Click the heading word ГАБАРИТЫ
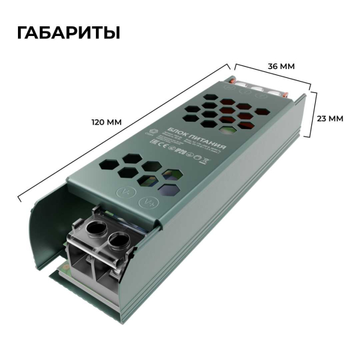69,32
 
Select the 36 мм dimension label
281,66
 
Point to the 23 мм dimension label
329,118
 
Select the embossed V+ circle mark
147,202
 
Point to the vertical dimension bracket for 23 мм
314,117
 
